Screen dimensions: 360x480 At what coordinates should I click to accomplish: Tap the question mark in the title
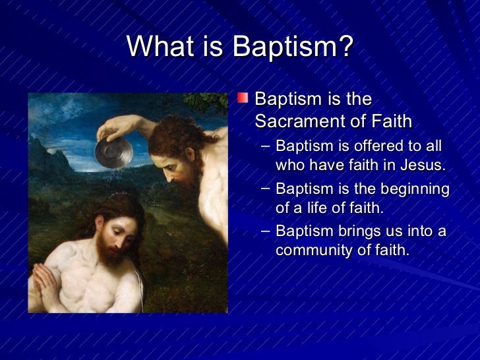click(345, 47)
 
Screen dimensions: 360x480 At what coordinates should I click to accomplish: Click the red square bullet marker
click(243, 99)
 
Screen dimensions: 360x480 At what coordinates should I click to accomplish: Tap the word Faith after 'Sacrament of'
click(390, 122)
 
